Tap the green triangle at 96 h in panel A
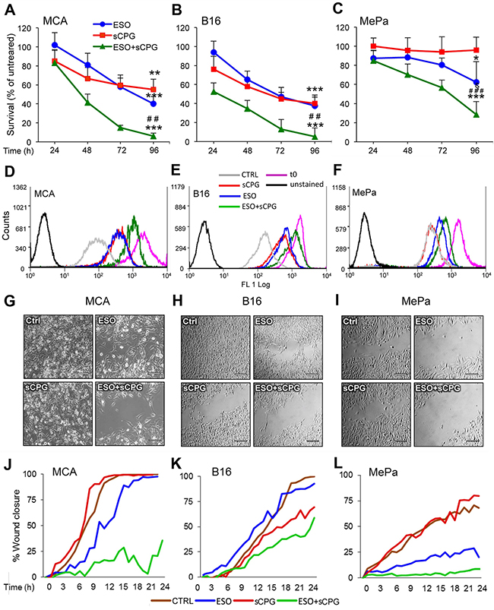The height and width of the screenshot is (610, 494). pos(154,135)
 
